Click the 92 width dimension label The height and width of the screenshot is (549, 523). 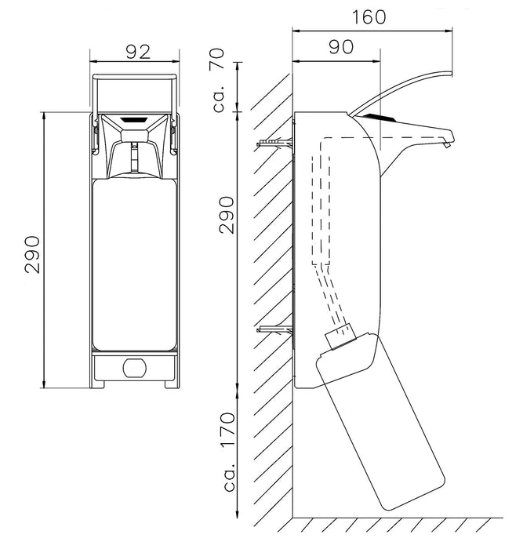click(x=138, y=52)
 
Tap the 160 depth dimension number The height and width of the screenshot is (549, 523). click(x=369, y=16)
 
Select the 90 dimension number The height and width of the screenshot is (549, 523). click(x=341, y=47)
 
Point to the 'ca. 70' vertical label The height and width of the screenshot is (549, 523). click(x=219, y=80)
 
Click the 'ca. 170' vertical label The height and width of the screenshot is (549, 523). click(x=230, y=452)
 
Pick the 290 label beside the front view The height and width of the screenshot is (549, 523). click(x=33, y=255)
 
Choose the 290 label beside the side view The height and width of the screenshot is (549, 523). click(x=227, y=215)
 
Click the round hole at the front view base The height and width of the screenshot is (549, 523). click(x=135, y=367)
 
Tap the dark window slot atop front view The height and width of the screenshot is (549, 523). click(x=134, y=120)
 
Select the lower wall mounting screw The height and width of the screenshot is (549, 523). click(x=274, y=329)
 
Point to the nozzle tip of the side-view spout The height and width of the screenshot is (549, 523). click(x=446, y=144)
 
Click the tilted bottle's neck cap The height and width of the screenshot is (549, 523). click(x=340, y=336)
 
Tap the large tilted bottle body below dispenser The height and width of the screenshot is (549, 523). click(x=380, y=421)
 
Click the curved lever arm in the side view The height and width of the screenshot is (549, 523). click(x=401, y=92)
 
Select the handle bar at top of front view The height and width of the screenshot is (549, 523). click(x=134, y=77)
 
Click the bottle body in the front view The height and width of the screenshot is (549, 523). click(x=134, y=264)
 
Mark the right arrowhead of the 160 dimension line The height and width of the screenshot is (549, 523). click(x=449, y=31)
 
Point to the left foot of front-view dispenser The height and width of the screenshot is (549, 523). click(x=97, y=384)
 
